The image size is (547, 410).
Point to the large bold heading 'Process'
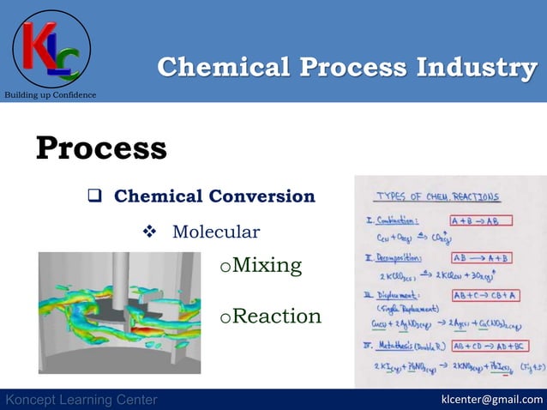coord(101,148)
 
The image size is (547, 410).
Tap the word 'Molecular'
coord(215,232)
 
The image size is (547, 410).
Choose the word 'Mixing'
coord(267,266)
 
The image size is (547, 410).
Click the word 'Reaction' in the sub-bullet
coord(276,317)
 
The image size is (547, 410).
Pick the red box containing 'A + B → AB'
coord(480,220)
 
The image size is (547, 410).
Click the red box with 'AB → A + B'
coord(480,257)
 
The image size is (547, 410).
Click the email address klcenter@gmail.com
coord(491,400)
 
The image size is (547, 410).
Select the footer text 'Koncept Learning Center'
coord(81,400)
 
